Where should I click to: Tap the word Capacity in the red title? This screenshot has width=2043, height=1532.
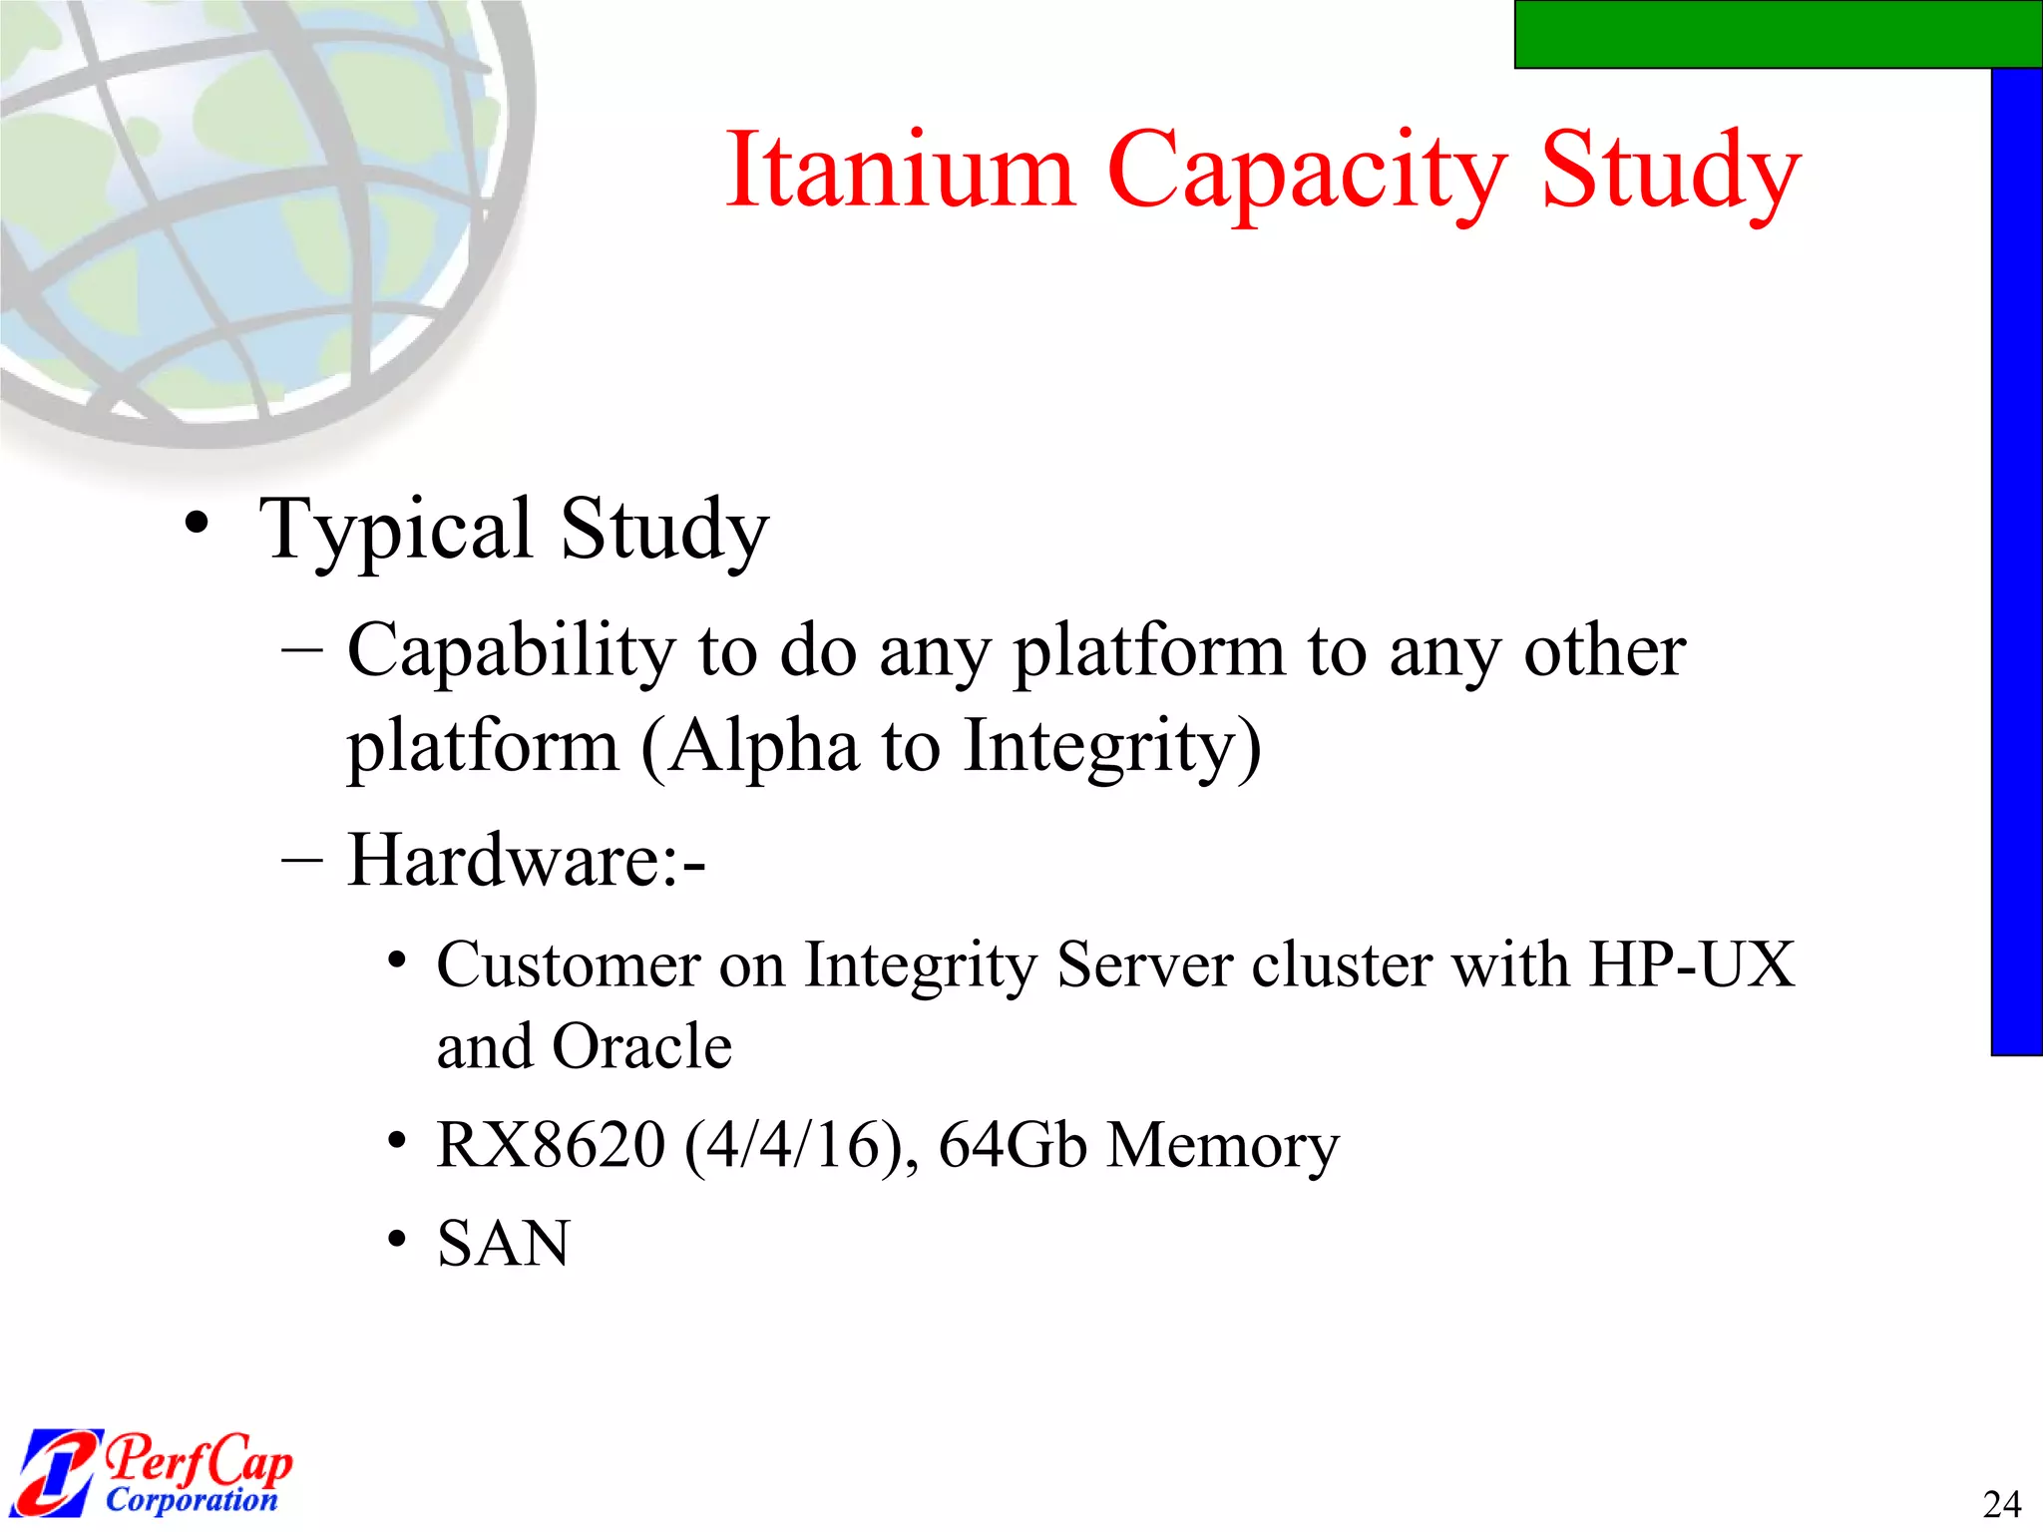coord(1307,175)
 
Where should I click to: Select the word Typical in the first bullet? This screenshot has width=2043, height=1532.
coord(396,531)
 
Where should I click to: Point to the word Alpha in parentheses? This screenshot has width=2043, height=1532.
coord(763,747)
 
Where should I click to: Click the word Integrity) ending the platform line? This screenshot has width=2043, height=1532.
coord(1112,749)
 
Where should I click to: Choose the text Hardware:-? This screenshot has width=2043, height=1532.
coord(527,860)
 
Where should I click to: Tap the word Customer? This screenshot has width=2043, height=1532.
coord(569,964)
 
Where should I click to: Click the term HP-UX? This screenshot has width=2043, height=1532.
coord(1692,964)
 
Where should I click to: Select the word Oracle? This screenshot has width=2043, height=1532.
coord(642,1046)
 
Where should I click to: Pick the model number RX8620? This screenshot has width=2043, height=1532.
coord(551,1144)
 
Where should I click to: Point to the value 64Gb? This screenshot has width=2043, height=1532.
coord(1013,1144)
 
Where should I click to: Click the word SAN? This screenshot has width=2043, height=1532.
coord(504,1244)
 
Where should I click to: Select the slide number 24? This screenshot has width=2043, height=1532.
coord(2001,1503)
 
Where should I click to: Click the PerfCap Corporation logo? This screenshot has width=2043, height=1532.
coord(155,1472)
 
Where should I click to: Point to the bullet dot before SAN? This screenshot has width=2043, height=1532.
coord(398,1240)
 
